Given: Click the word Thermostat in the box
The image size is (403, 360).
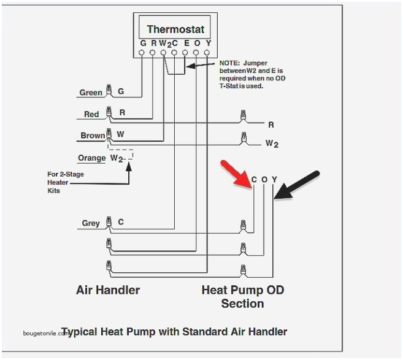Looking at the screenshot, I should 175,29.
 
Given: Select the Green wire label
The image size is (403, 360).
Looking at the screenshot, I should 91,93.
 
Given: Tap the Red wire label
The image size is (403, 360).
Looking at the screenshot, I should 91,114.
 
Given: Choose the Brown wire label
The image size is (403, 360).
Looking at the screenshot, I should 93,136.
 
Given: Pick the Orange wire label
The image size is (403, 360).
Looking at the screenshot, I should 91,158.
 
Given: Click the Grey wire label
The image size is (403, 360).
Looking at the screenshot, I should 91,223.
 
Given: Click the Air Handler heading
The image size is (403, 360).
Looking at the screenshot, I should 107,289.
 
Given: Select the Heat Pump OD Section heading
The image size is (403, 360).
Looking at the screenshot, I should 243,296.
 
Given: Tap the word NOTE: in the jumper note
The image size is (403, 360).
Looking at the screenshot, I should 230,63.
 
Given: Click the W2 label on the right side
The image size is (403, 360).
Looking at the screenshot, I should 272,144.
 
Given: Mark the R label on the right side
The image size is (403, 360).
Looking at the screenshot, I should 271,124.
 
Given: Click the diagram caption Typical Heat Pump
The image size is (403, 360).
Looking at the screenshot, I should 174,332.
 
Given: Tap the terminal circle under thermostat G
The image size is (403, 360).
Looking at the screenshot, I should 142,53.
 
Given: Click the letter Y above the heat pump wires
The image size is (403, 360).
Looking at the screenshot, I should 274,180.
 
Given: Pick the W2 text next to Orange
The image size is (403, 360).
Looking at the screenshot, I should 117,158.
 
